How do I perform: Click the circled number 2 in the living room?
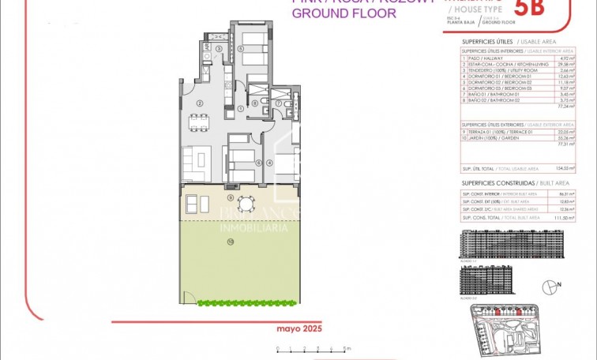click(200, 103)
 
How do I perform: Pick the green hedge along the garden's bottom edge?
click(247, 302)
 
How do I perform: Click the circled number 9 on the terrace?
click(230, 196)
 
